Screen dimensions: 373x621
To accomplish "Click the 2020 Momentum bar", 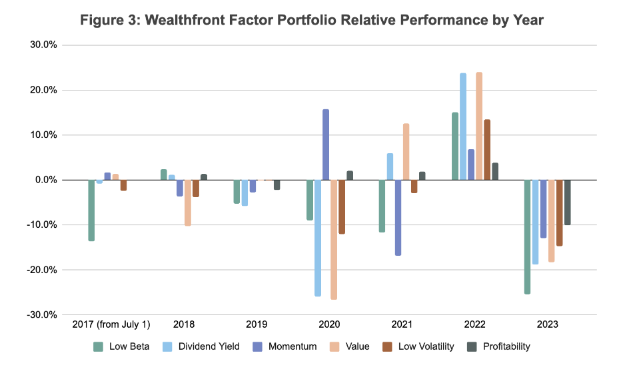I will pyautogui.click(x=326, y=145).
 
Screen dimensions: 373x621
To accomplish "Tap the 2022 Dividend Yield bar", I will pyautogui.click(x=463, y=127).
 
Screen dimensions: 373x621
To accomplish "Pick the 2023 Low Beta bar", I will pyautogui.click(x=527, y=236).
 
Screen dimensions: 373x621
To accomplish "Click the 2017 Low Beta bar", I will pyautogui.click(x=91, y=210).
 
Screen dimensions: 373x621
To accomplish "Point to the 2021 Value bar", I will pyautogui.click(x=406, y=152).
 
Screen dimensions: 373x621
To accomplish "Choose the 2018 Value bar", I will pyautogui.click(x=188, y=202).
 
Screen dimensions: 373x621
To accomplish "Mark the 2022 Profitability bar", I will pyautogui.click(x=495, y=171).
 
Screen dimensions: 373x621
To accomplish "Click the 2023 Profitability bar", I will pyautogui.click(x=567, y=202).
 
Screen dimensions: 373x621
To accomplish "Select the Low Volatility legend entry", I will pyautogui.click(x=420, y=346).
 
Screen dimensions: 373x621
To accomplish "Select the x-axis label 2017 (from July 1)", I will pyautogui.click(x=111, y=326).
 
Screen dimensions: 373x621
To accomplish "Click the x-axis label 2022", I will pyautogui.click(x=474, y=326).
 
